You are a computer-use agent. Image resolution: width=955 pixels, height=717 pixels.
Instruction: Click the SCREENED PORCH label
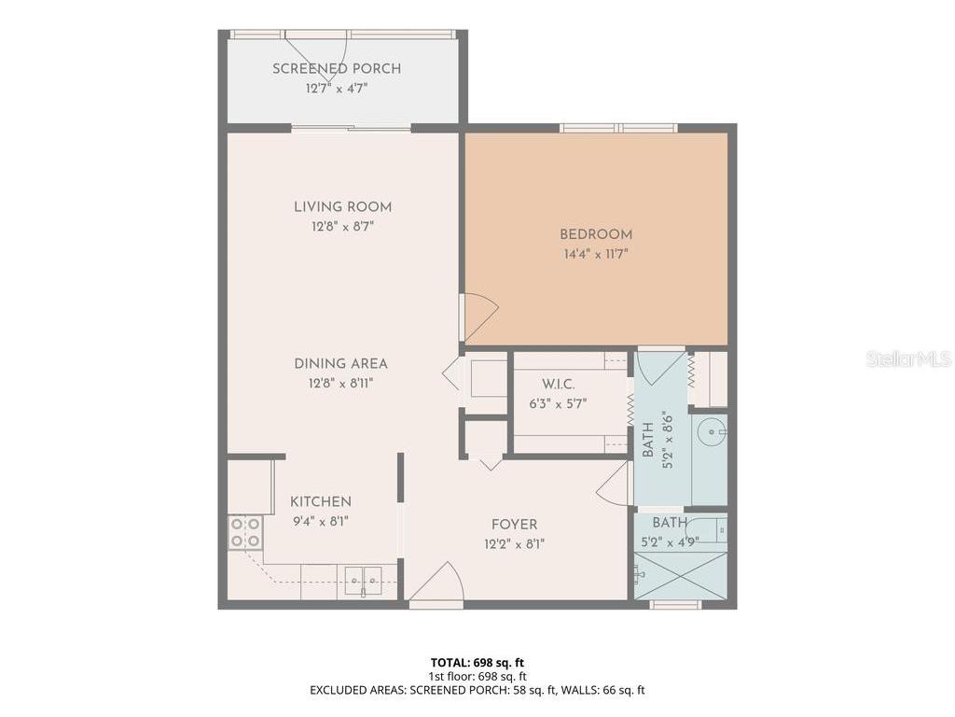[337, 69]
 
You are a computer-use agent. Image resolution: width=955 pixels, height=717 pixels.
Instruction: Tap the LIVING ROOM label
[342, 207]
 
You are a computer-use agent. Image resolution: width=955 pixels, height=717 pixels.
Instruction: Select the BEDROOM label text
[596, 235]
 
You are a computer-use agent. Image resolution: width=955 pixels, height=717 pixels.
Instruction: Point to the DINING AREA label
[340, 364]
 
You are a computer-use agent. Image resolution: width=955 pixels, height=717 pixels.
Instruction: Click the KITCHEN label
[320, 502]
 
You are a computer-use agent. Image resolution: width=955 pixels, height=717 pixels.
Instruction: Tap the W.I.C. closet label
[559, 385]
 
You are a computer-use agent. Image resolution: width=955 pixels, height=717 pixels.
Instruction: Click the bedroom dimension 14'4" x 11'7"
[596, 254]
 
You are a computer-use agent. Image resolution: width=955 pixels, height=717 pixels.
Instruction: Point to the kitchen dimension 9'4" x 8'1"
[320, 521]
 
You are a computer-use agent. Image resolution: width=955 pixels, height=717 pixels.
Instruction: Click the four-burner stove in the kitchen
[244, 532]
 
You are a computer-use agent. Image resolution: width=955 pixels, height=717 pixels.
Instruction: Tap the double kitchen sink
[363, 581]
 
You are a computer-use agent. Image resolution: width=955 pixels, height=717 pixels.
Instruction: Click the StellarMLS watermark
[907, 359]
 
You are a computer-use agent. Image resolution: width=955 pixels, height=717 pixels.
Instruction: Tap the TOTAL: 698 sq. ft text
[477, 663]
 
